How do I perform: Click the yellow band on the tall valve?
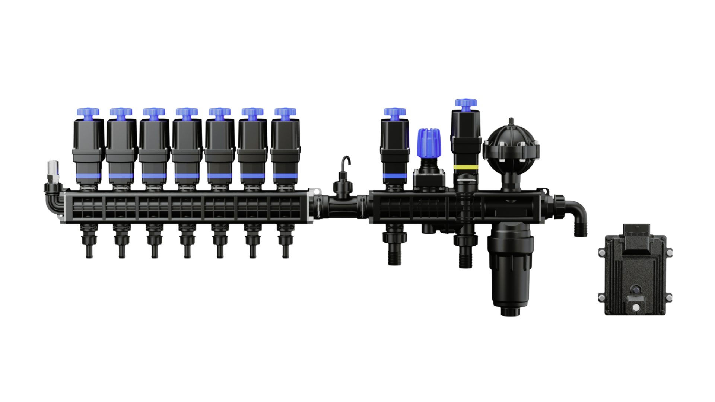click(x=465, y=167)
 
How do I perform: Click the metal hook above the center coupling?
click(x=346, y=162)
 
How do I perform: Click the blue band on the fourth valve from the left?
click(x=187, y=176)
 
